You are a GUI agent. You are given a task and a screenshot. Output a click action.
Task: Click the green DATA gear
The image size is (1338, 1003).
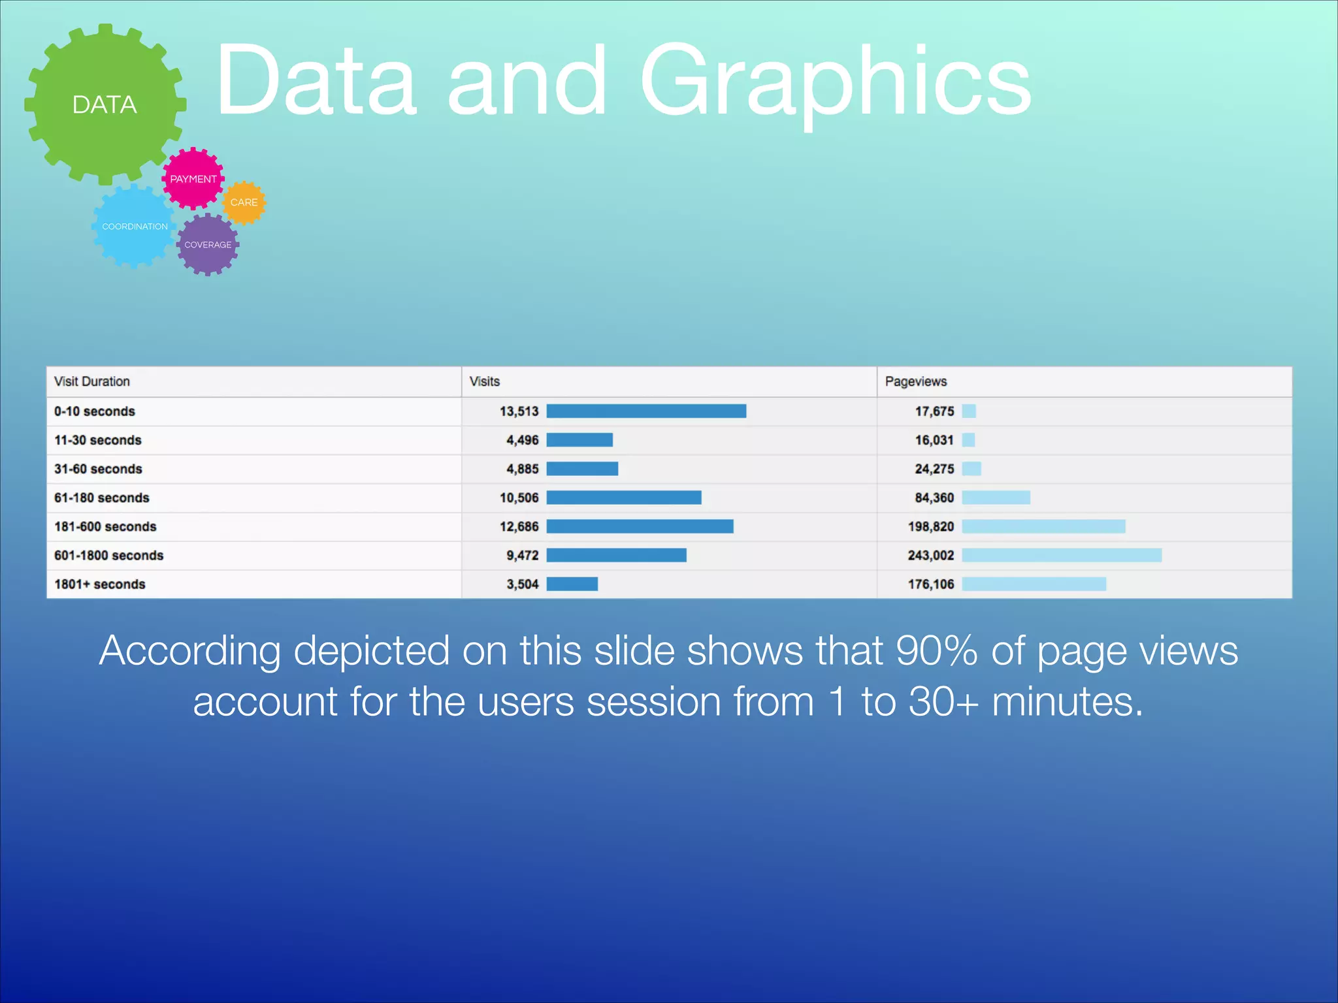[x=105, y=104]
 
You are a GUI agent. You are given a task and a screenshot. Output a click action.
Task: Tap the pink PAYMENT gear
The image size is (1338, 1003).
[x=193, y=178]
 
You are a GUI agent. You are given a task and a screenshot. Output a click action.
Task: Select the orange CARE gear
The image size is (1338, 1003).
[x=244, y=202]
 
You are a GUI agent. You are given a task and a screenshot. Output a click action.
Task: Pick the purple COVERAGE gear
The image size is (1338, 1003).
[x=208, y=245]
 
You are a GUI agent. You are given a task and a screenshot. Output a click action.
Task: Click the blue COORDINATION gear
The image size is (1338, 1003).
[x=135, y=227]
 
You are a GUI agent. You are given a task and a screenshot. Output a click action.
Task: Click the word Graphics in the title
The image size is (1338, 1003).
[x=835, y=82]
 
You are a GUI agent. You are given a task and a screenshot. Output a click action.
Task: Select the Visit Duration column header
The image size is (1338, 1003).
[x=92, y=381]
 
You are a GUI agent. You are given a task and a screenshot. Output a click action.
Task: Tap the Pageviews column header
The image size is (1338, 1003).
[x=915, y=381]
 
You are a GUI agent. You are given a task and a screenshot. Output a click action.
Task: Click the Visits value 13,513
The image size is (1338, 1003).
[x=519, y=411]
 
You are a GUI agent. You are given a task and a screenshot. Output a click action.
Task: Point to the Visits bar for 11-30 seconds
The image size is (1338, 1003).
[x=579, y=440]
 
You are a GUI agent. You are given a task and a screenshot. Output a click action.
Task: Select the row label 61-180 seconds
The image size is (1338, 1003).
[x=102, y=498]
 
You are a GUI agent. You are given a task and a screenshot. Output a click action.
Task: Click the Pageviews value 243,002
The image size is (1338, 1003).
[x=930, y=555]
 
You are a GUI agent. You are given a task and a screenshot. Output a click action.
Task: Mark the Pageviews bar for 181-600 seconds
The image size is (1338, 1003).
[x=1043, y=526]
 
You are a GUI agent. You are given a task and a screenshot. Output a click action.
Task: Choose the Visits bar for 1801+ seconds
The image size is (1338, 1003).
[x=572, y=584]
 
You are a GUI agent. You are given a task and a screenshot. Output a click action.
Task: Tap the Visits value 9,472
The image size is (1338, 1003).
[x=522, y=555]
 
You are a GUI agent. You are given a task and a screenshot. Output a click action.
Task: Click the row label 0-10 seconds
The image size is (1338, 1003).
[x=95, y=411]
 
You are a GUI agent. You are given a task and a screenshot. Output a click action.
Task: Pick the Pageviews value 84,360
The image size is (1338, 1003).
[x=934, y=498]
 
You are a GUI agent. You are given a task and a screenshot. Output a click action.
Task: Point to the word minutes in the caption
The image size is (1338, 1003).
[x=1067, y=701]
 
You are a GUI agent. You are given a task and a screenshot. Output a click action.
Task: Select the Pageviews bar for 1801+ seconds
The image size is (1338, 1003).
[x=1034, y=584]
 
